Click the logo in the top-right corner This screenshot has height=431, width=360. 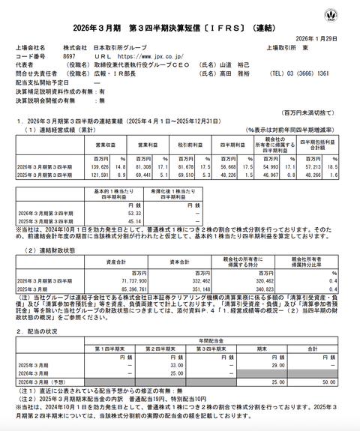(x=349, y=15)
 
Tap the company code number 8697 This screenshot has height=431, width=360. (x=70, y=55)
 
